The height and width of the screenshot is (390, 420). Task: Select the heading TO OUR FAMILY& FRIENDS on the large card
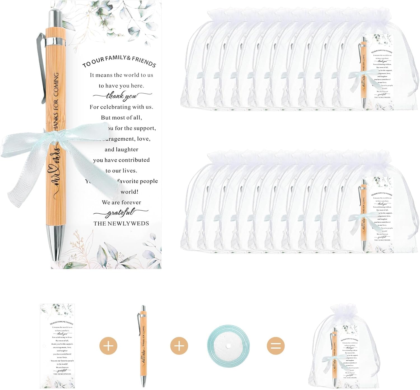pyautogui.click(x=119, y=62)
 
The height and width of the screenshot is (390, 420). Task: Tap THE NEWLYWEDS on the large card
pyautogui.click(x=121, y=223)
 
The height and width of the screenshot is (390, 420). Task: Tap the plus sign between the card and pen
pyautogui.click(x=108, y=346)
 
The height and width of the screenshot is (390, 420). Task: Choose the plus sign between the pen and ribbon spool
pyautogui.click(x=179, y=346)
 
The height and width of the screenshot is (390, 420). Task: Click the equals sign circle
pyautogui.click(x=276, y=346)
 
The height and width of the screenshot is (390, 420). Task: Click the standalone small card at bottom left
pyautogui.click(x=58, y=346)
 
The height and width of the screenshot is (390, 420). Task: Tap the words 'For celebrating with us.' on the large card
pyautogui.click(x=121, y=107)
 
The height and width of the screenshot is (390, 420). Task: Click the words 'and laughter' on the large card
pyautogui.click(x=121, y=150)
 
